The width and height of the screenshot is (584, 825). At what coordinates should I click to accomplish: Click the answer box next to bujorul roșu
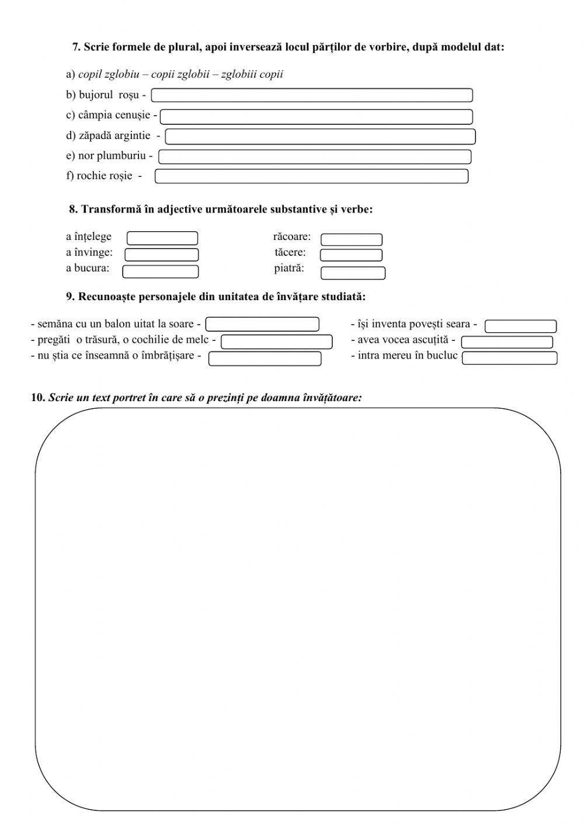click(312, 95)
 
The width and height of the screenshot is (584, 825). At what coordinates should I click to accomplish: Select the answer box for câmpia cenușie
click(316, 117)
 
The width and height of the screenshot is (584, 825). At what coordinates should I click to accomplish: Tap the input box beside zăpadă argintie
click(320, 137)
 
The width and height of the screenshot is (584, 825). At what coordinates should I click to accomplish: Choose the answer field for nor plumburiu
click(315, 156)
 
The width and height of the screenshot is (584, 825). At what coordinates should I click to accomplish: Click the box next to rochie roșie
click(311, 176)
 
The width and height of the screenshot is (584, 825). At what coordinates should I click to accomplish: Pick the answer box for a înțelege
click(162, 238)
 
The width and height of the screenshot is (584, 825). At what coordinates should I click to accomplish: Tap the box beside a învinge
click(162, 255)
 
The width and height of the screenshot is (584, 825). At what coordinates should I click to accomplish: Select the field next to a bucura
click(161, 271)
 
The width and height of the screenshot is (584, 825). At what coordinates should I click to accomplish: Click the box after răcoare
click(352, 239)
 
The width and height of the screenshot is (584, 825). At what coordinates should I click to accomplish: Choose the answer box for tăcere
click(351, 255)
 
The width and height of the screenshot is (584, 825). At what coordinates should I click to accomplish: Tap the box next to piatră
click(353, 273)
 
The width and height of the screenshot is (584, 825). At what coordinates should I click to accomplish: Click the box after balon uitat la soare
click(262, 324)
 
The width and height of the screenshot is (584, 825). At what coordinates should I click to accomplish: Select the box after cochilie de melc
click(276, 342)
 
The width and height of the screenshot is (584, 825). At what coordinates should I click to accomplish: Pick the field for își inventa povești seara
click(520, 326)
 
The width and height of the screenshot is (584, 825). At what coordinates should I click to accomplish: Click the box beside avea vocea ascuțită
click(507, 342)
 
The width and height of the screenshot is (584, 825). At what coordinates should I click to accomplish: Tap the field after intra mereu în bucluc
click(509, 358)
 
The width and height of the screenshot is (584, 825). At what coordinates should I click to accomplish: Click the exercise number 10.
click(38, 398)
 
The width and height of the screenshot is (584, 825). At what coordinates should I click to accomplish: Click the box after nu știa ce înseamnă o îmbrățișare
click(265, 358)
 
